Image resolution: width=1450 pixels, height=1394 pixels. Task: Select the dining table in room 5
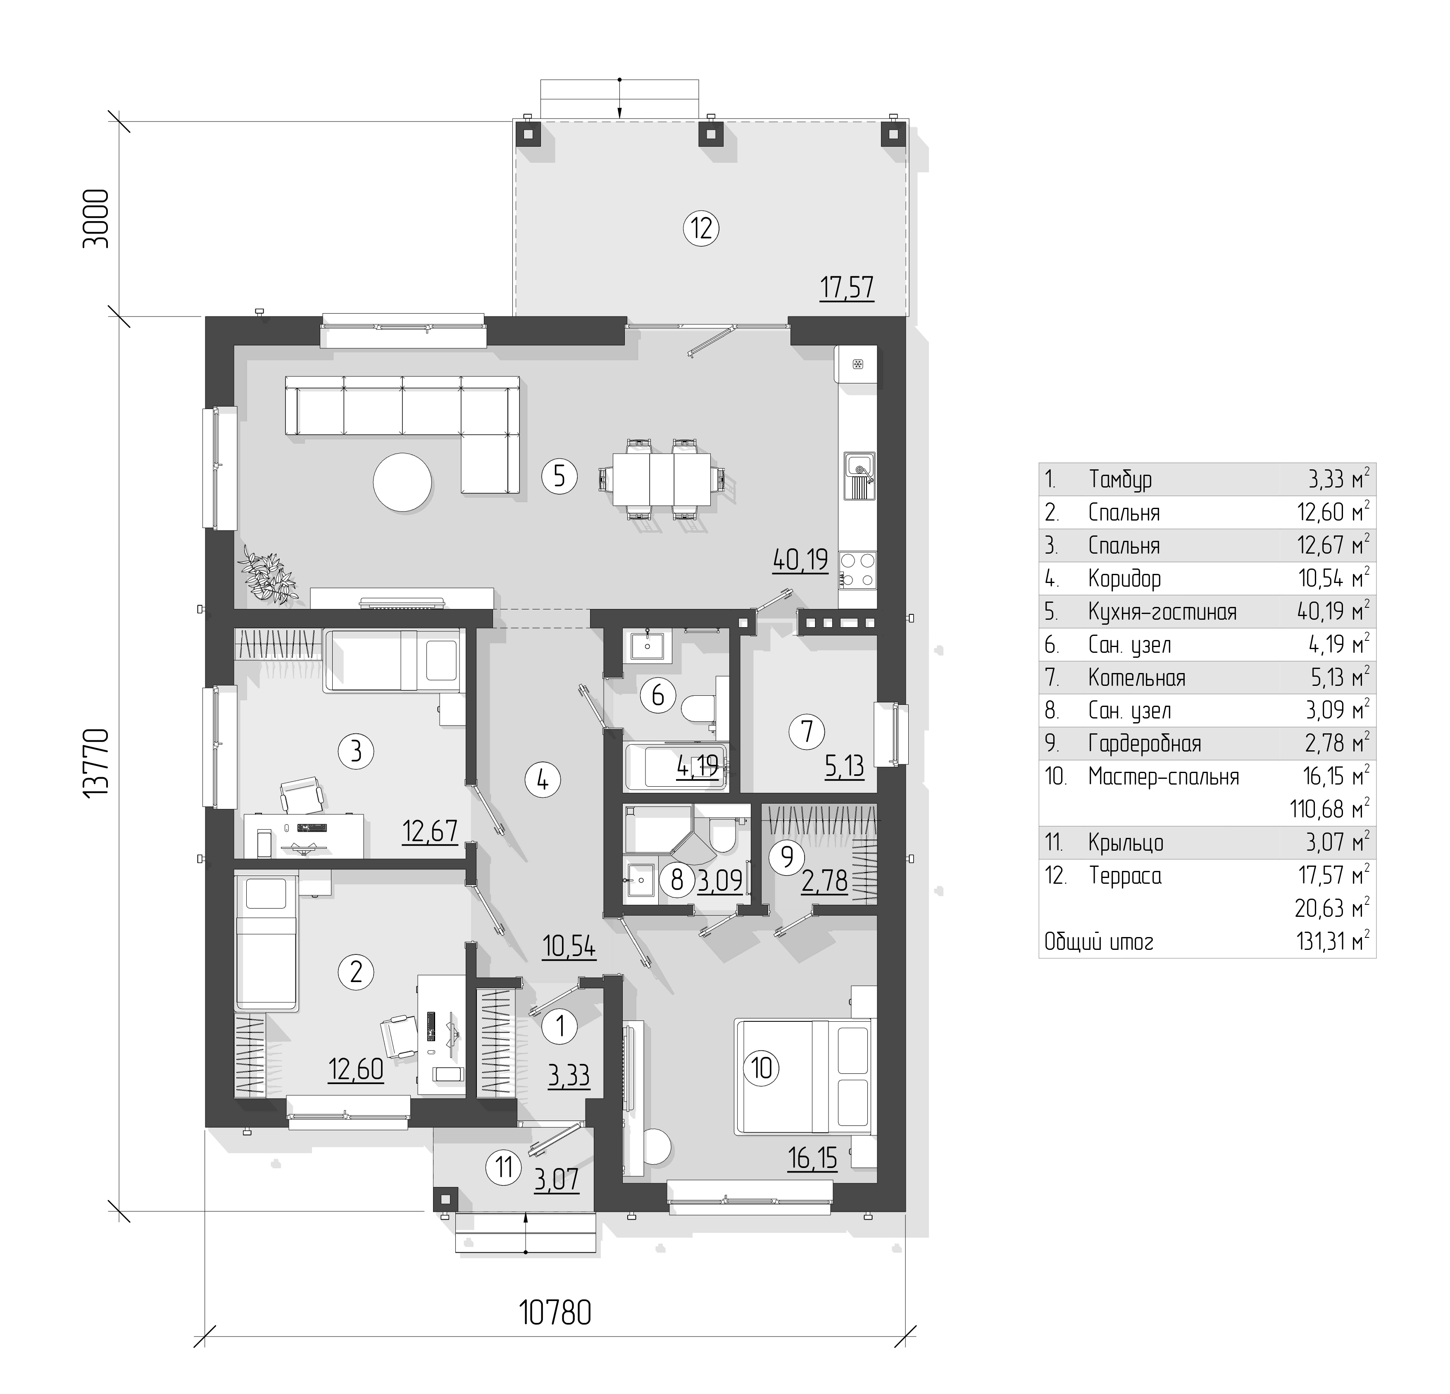coord(662,478)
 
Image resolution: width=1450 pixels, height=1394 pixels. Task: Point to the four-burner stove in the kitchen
coord(857,570)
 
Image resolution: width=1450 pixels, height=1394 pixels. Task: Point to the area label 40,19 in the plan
coord(800,560)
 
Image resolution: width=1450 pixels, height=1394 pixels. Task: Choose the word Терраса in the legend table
coord(1125,876)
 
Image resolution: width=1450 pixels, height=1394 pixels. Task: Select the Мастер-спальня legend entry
coord(1164,776)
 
